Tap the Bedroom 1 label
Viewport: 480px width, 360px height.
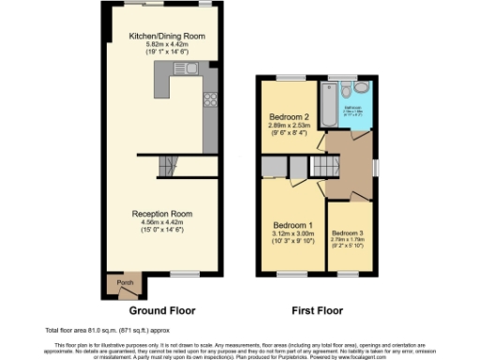[x=292, y=226]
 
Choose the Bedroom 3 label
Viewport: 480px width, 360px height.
[x=347, y=232]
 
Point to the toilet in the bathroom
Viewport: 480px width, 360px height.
[x=347, y=91]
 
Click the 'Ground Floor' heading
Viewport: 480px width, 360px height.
[x=160, y=309]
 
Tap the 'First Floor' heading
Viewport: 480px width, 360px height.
[x=315, y=309]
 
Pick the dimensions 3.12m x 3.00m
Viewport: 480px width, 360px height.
[x=292, y=234]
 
